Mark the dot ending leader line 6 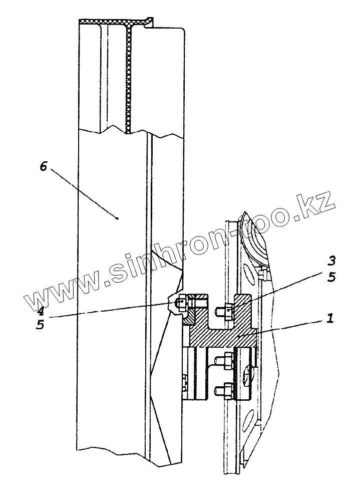(x=117, y=218)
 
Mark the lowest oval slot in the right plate (x=248, y=419)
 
